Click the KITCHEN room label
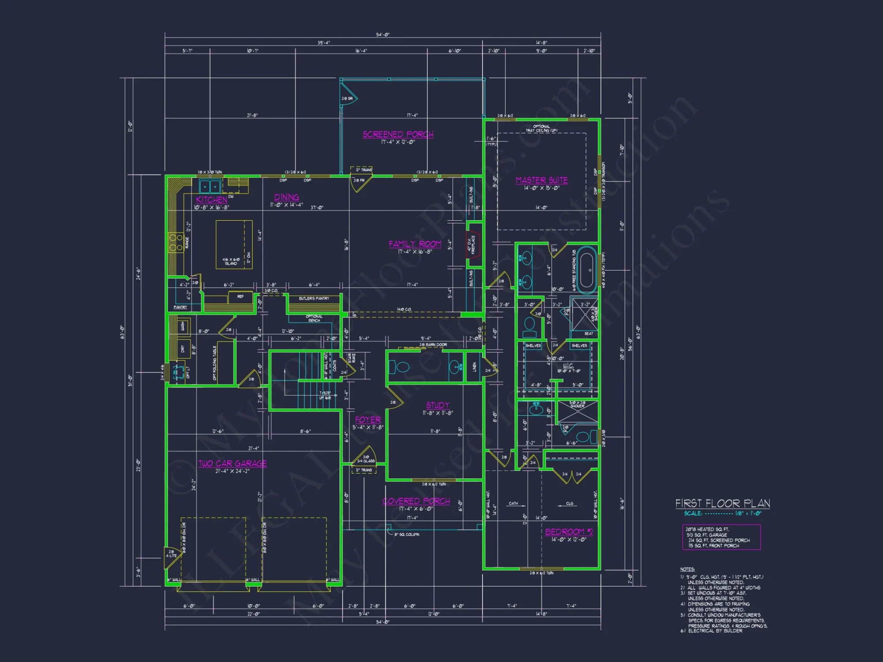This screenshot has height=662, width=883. [211, 199]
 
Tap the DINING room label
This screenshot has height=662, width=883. [287, 197]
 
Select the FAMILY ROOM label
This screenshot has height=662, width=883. [415, 244]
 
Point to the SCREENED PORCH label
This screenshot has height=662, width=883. [398, 135]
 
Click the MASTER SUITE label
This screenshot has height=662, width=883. [542, 181]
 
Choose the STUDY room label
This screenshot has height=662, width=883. [438, 405]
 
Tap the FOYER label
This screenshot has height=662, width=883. [368, 420]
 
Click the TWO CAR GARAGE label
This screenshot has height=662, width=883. [233, 463]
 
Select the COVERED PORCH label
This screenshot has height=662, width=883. [416, 501]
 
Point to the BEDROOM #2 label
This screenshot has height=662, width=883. [569, 532]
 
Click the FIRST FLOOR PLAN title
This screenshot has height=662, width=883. [722, 504]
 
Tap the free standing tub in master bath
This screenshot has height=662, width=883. [588, 271]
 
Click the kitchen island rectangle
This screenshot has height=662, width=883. [234, 244]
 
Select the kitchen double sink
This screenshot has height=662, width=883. [210, 186]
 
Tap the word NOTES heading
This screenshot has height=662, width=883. [687, 569]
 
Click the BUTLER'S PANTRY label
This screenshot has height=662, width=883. [314, 299]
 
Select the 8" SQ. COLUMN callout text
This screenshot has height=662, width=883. [407, 534]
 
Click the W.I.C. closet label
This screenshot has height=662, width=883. [568, 366]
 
